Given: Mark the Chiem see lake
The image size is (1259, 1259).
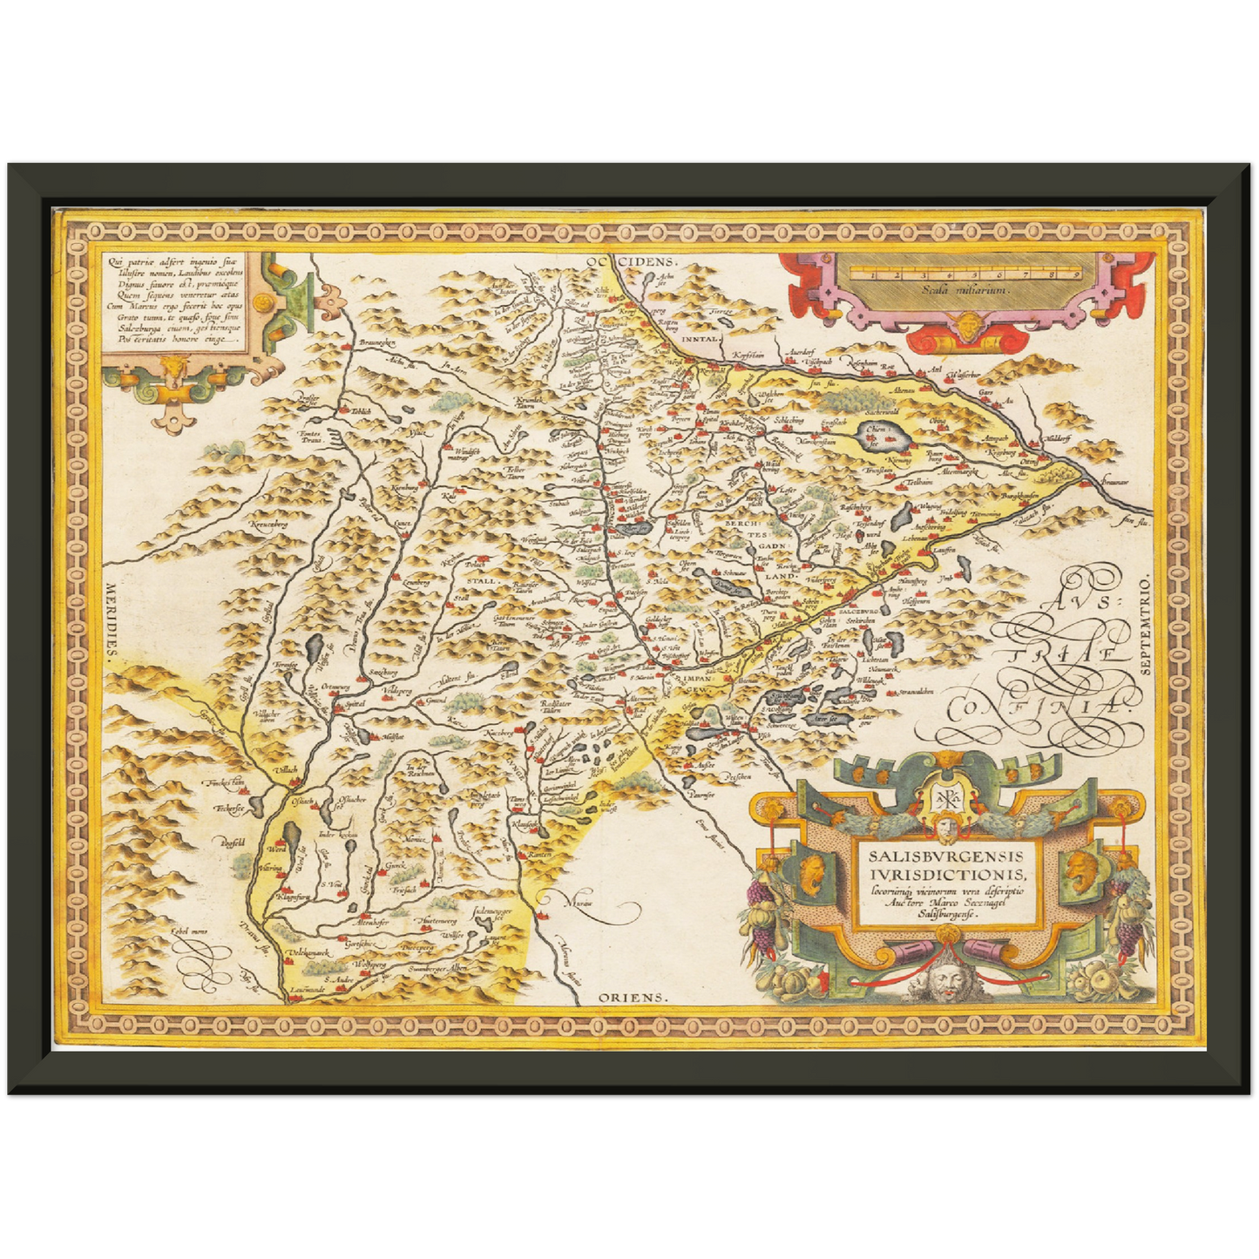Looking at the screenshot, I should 877,433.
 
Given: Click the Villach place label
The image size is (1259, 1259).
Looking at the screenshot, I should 285,769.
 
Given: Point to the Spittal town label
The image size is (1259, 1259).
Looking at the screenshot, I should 353,702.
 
